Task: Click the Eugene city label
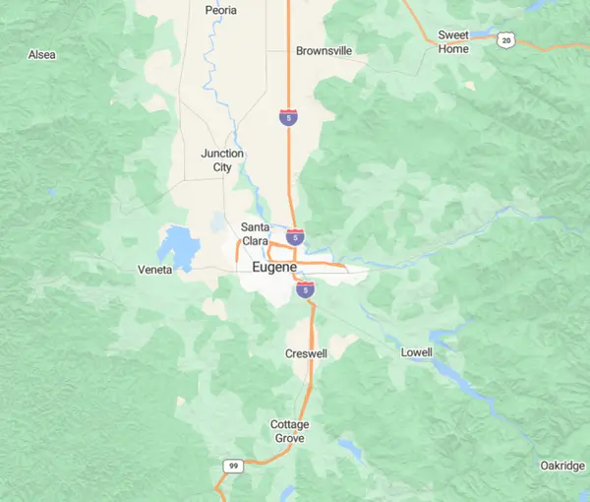[274, 267]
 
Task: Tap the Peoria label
[221, 10]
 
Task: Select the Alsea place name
[42, 55]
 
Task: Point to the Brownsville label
[324, 50]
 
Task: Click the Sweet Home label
[453, 41]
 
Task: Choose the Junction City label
[222, 160]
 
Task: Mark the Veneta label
[155, 269]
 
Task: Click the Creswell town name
[306, 352]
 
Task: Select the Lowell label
[416, 351]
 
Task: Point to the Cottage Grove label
[290, 431]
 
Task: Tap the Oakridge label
[562, 465]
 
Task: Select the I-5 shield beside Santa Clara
[295, 237]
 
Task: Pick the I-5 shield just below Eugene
[305, 289]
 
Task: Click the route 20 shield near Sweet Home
[505, 39]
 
